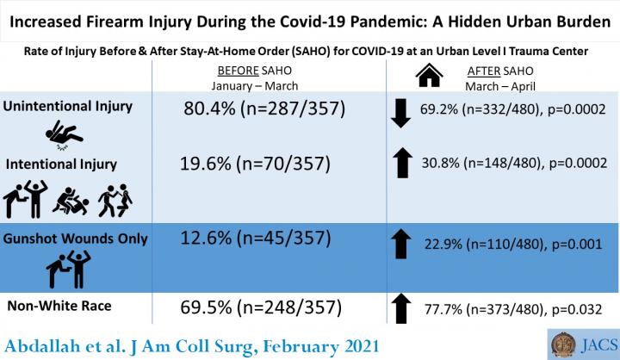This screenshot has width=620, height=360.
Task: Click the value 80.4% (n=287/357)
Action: [x=264, y=109]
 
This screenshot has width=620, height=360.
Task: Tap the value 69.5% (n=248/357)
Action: [x=263, y=307]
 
